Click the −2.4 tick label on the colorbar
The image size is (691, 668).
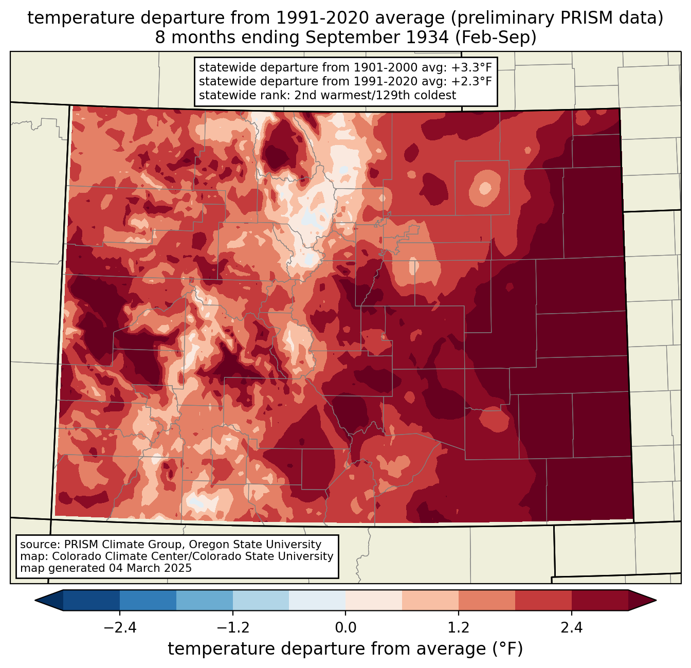point(119,628)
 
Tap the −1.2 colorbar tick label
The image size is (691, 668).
point(232,628)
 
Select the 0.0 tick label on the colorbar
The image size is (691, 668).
point(345,628)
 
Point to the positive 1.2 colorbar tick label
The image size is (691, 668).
point(459,628)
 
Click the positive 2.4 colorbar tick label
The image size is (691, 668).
point(572,628)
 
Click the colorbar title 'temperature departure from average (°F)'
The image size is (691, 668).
point(345,649)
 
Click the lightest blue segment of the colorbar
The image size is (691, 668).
point(317,600)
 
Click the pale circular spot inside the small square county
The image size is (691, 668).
point(483,187)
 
